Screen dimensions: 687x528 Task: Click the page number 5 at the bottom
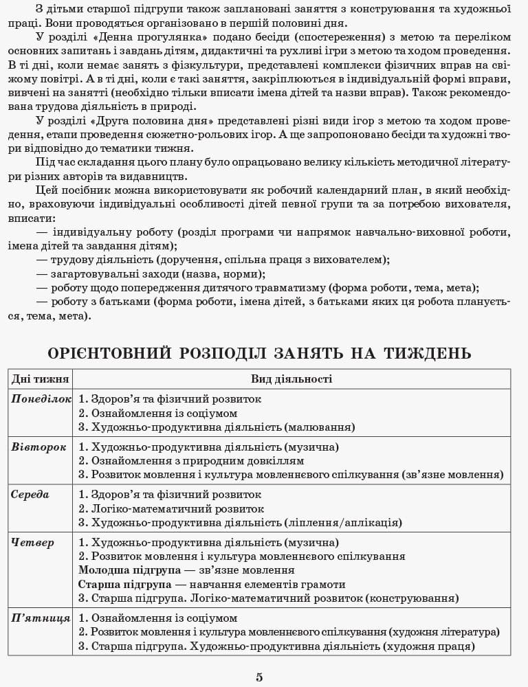pos(259,677)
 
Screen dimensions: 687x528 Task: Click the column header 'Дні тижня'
pos(40,379)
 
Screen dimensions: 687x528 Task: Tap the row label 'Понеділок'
pos(41,398)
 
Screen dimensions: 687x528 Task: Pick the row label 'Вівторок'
pos(38,447)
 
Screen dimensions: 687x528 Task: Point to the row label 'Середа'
pos(30,494)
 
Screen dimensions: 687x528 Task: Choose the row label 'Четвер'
pos(32,542)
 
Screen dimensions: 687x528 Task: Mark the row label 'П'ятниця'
pos(41,618)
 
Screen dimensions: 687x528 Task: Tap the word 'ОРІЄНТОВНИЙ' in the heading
pos(109,353)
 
